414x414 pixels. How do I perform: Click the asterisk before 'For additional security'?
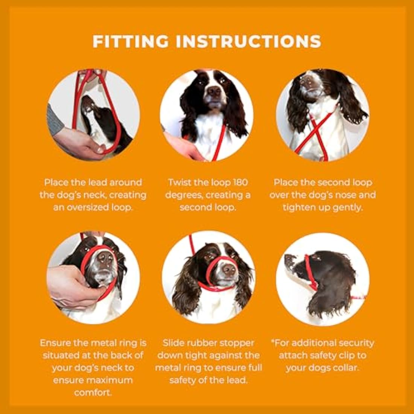point(273,342)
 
